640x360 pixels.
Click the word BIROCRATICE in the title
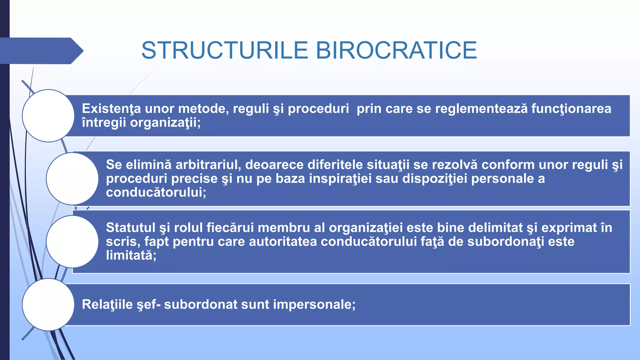tap(396, 50)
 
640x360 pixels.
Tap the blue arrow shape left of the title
tap(41, 51)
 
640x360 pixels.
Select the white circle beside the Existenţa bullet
tap(48, 116)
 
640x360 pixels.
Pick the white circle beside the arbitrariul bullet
tap(72, 179)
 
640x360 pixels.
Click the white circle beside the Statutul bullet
tap(72, 242)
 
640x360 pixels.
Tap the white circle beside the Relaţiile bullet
tap(48, 304)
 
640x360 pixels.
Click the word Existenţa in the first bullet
tap(111, 109)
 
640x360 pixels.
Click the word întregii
tap(104, 122)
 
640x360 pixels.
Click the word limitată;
tap(131, 255)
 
